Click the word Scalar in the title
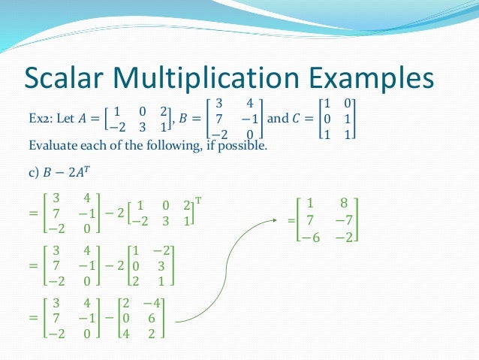click(x=70, y=79)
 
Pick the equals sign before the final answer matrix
click(x=291, y=222)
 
